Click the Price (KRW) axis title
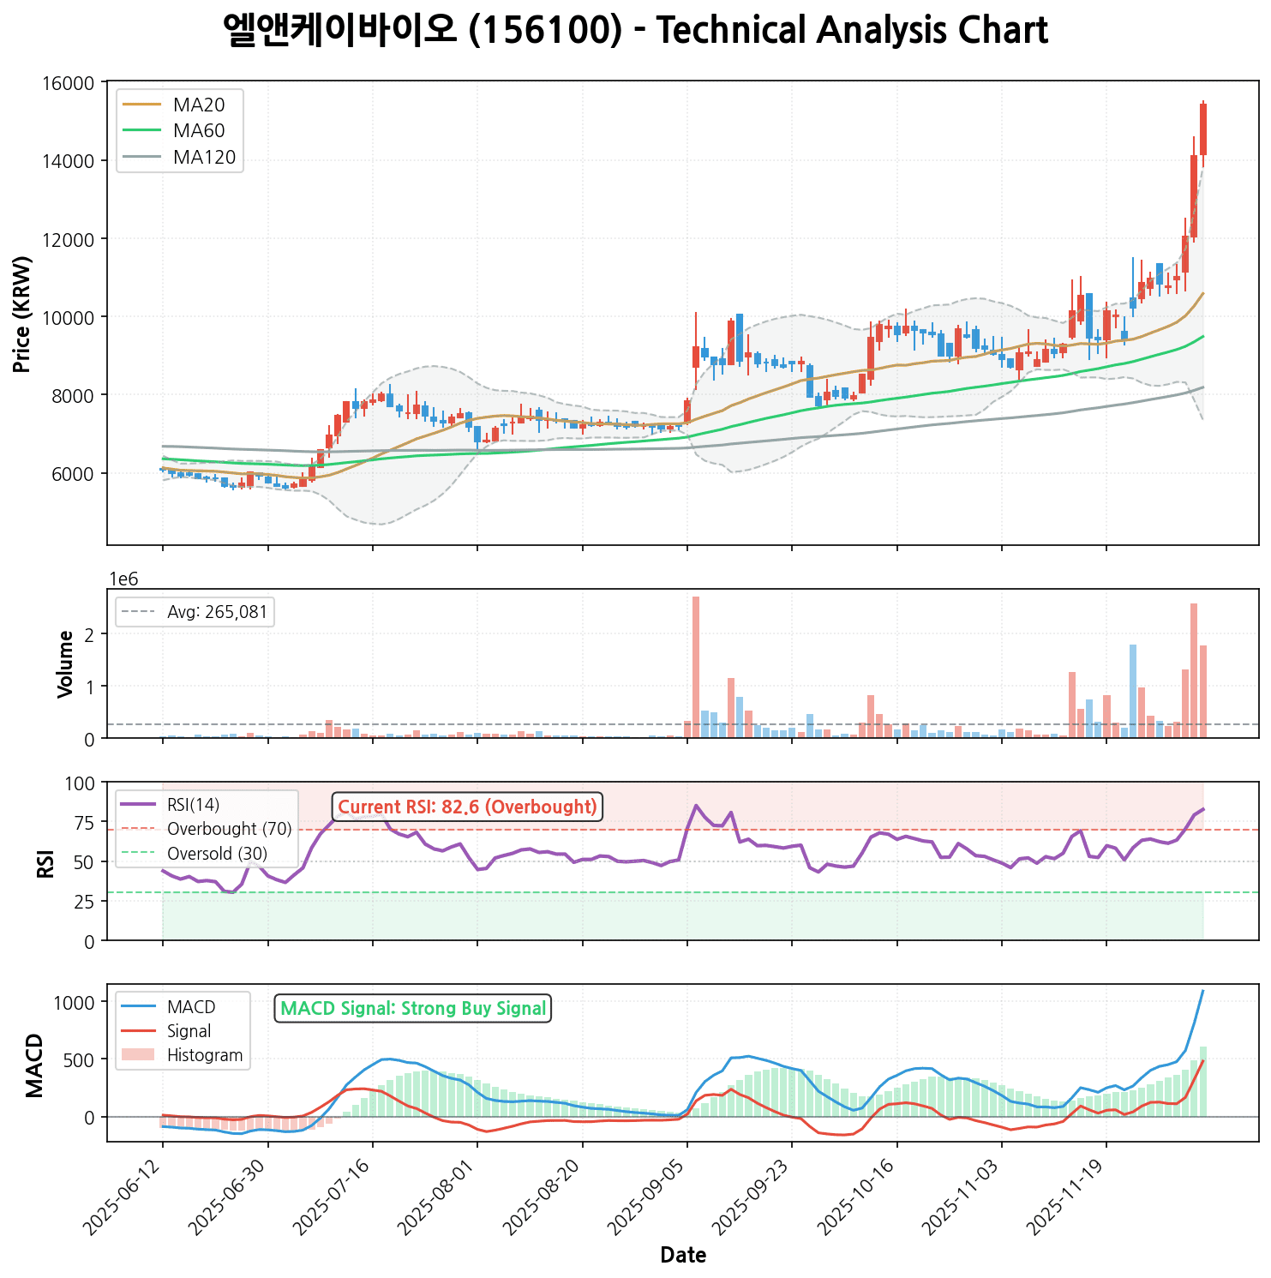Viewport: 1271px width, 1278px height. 23,314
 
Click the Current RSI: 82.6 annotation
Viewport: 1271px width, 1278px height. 467,807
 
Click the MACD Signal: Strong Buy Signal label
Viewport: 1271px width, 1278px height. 413,1009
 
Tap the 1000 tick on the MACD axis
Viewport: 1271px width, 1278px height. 76,1003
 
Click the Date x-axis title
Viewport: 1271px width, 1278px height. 683,1256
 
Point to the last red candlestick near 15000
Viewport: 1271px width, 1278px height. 1203,129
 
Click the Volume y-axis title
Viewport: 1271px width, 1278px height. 65,664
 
